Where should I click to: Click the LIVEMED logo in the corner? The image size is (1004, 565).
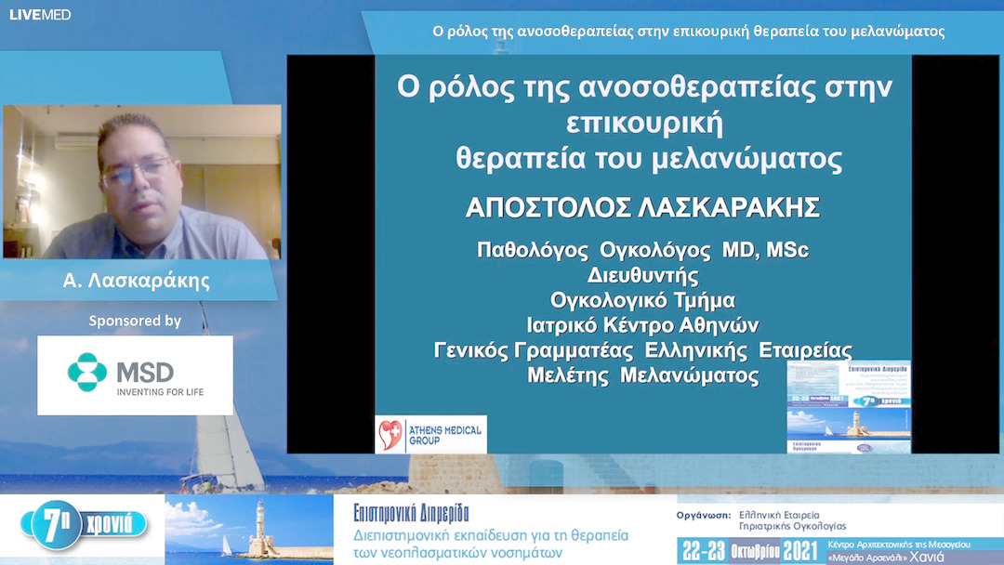coord(40,15)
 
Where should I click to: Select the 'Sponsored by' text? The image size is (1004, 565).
coord(135,321)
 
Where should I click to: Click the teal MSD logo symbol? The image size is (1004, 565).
coord(87,373)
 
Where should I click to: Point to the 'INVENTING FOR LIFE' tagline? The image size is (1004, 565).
coord(159,392)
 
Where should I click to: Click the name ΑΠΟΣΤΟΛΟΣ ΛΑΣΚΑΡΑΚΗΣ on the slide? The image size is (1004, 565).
coord(642,208)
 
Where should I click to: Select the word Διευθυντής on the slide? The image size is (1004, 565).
coord(642,275)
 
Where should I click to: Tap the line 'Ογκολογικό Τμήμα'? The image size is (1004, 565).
coord(642,300)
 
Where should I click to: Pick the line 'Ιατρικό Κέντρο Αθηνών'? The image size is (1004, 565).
coord(642,325)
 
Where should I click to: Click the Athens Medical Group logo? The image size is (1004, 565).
coord(430,434)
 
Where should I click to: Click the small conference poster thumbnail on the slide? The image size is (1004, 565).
coord(849,406)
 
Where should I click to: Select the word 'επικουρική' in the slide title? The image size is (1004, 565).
coord(643,123)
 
